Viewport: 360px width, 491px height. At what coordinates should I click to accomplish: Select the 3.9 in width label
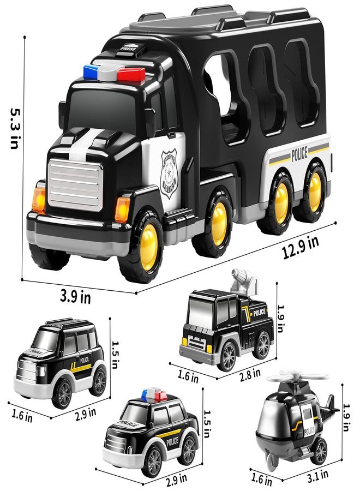(x=75, y=298)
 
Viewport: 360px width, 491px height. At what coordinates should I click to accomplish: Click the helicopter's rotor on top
(x=297, y=378)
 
